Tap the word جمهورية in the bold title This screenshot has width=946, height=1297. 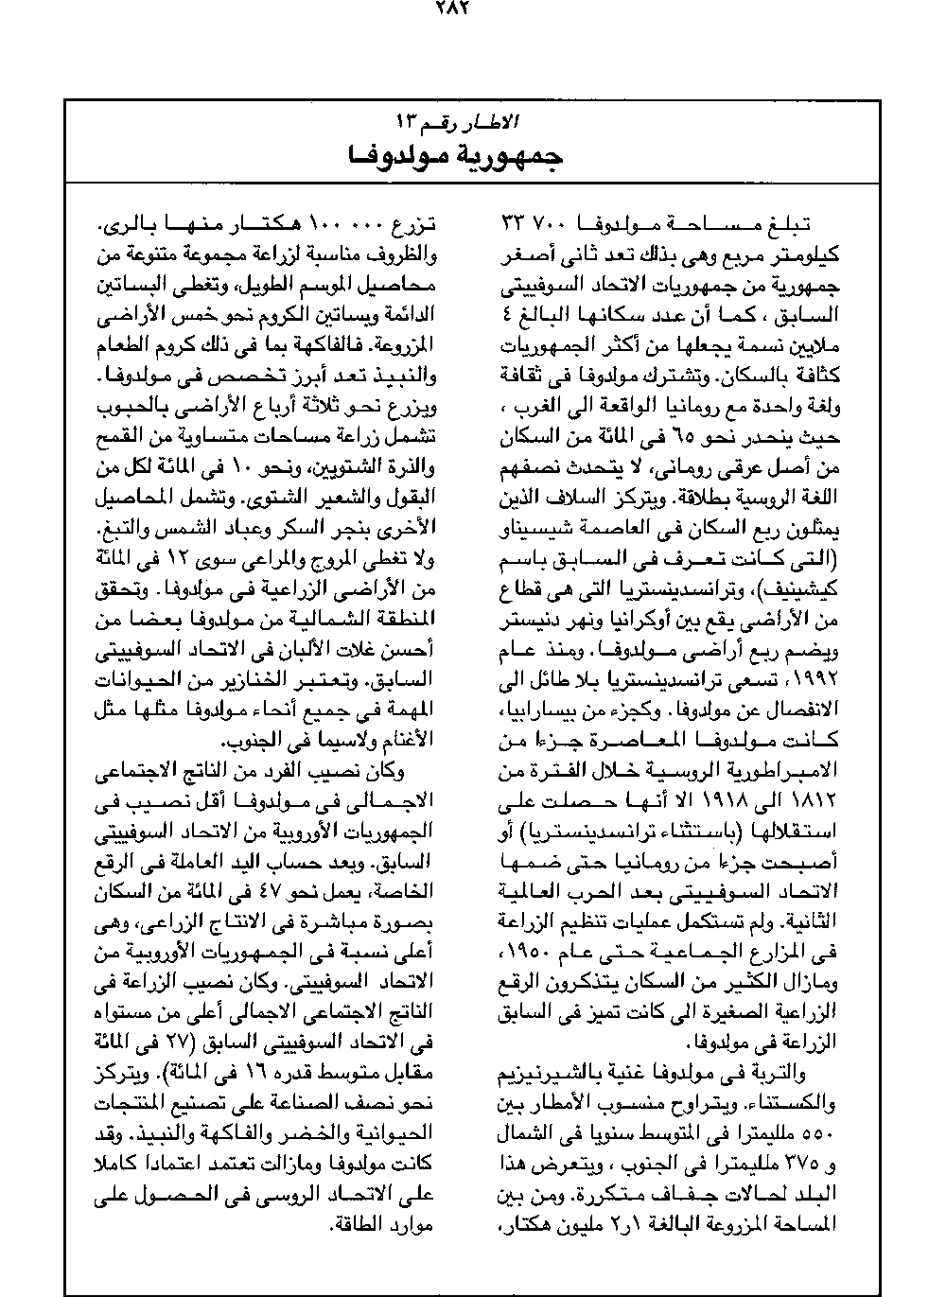510,157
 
